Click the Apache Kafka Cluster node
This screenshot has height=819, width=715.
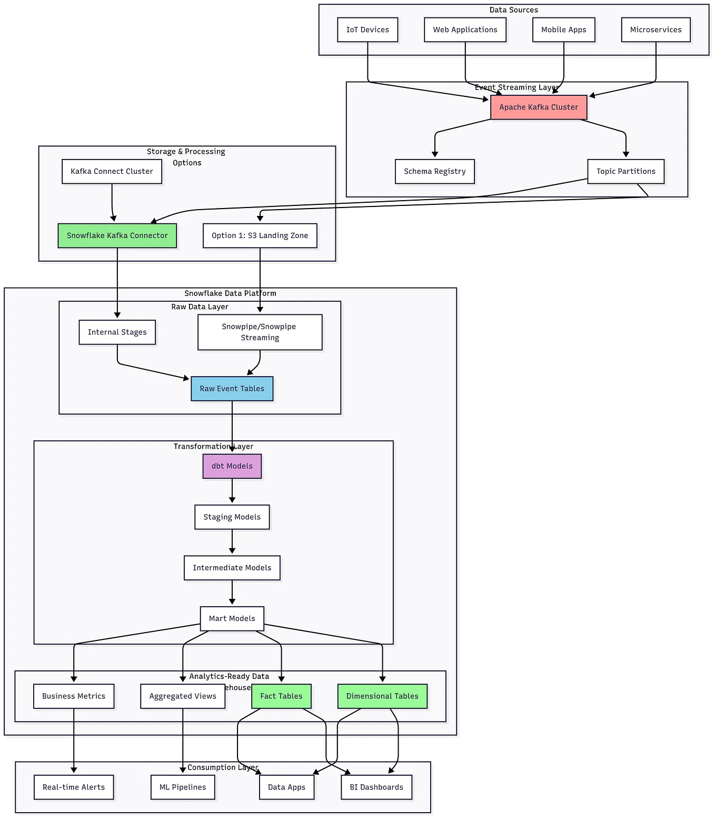click(x=538, y=107)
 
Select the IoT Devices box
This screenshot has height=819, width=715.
click(x=368, y=30)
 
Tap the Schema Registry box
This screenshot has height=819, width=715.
click(x=434, y=172)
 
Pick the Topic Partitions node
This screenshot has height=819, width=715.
click(x=625, y=172)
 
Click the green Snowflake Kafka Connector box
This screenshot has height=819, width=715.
click(x=117, y=236)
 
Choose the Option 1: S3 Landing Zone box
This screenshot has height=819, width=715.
click(x=260, y=236)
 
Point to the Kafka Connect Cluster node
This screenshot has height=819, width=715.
click(x=112, y=172)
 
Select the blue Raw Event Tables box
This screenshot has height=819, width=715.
click(x=232, y=389)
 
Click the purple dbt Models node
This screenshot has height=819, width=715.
click(x=232, y=466)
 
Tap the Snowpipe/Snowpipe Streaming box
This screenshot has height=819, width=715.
click(x=260, y=332)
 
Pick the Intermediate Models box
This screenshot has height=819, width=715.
click(x=232, y=568)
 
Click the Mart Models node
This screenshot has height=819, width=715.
click(x=232, y=619)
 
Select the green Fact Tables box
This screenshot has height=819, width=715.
click(x=281, y=696)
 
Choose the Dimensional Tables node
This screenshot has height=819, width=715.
click(x=382, y=696)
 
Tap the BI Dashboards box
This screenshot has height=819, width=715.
click(x=376, y=787)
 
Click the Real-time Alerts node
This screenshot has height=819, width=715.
click(x=74, y=787)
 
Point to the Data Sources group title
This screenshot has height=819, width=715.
click(x=513, y=10)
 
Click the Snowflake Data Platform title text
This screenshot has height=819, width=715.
click(x=230, y=293)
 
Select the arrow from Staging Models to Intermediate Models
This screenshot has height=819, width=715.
click(x=232, y=542)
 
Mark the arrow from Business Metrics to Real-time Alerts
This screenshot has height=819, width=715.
click(x=74, y=740)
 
